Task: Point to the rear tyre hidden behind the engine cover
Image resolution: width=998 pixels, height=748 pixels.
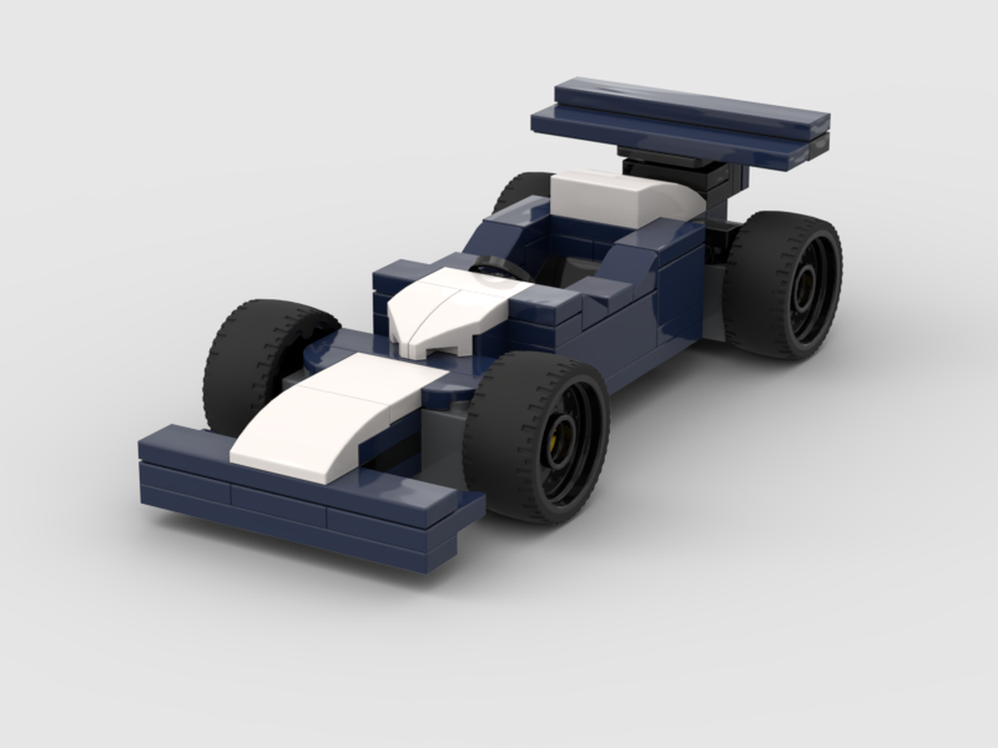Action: [x=519, y=189]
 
